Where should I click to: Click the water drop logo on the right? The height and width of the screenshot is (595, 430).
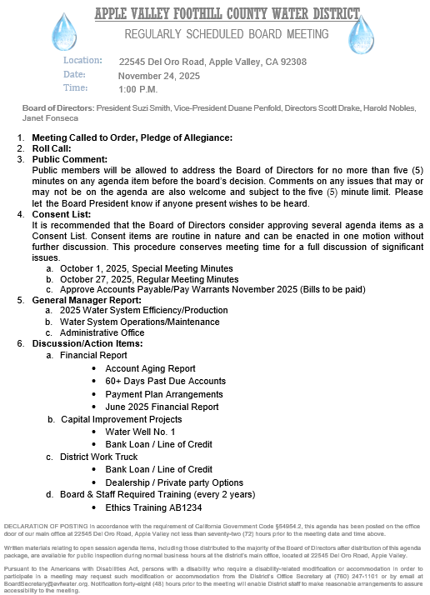coord(359,36)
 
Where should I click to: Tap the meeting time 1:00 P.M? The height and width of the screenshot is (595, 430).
coord(138,88)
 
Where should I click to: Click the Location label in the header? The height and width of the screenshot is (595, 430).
coord(82,61)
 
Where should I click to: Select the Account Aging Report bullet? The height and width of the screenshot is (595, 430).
coord(151,368)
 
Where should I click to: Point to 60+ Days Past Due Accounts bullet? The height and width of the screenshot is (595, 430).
coord(166,381)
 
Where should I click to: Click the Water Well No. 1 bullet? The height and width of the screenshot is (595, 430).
coord(141,432)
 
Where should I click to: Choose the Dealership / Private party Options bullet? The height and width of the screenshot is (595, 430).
coord(174,482)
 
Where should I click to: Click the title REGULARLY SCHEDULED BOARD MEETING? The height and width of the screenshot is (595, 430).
coord(213,34)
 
